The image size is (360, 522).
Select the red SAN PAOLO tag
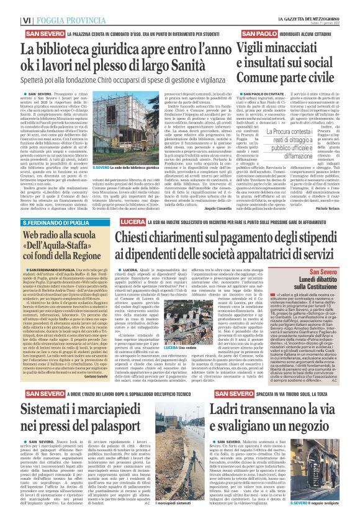[x=259, y=32]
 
